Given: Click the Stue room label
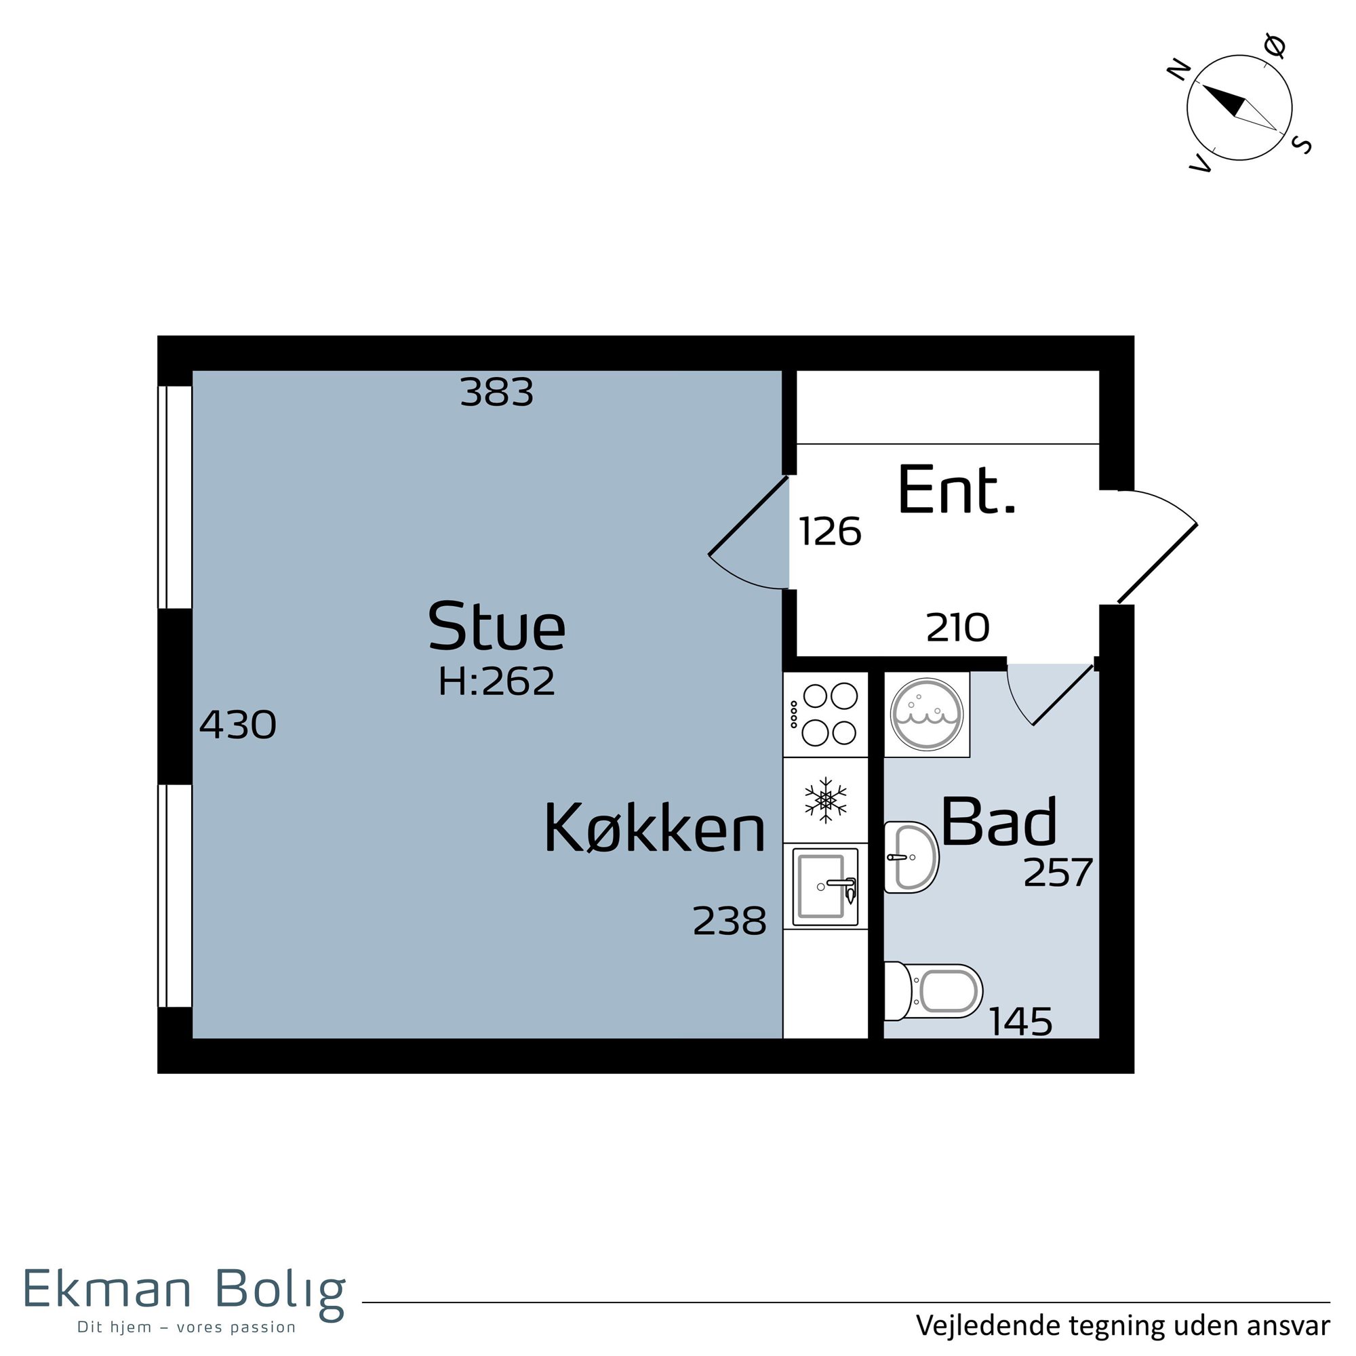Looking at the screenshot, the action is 496,625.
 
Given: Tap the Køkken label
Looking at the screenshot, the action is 654,829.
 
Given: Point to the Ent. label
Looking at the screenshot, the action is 957,490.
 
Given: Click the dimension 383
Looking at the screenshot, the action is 497,393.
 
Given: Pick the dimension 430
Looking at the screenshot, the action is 238,724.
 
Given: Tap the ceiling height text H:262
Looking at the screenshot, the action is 497,681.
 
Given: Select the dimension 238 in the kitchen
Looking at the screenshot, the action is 730,921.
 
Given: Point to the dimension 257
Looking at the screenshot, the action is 1058,873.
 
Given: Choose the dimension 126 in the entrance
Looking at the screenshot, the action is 831,532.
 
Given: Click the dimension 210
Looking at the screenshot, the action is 958,627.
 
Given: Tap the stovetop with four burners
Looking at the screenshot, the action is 826,715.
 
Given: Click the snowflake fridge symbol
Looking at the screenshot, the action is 826,800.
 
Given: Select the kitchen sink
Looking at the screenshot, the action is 825,886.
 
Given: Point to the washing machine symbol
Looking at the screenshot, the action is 927,715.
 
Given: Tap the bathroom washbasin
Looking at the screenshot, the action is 911,857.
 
